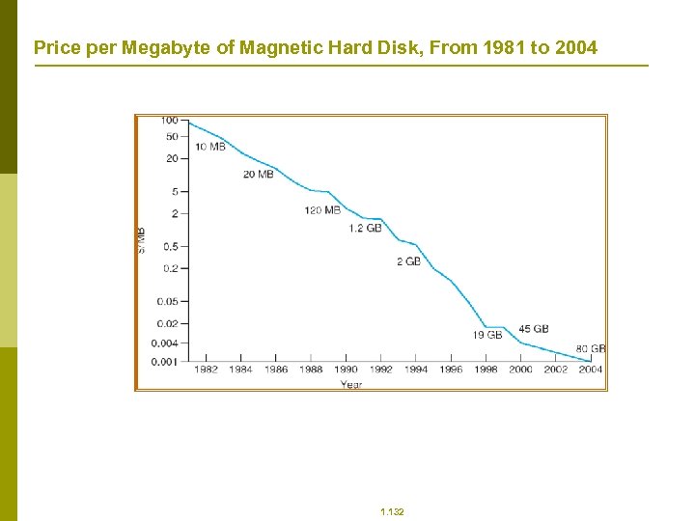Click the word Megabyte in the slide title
tap(166, 46)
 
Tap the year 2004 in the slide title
tap(576, 46)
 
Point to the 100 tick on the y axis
tap(169, 121)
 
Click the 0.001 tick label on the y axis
tap(165, 362)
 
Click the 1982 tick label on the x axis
tap(206, 370)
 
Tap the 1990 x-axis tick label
tap(346, 370)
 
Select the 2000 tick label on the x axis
tap(520, 370)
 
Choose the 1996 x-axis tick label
tap(451, 370)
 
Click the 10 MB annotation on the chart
tap(209, 147)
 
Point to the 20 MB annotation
tap(258, 175)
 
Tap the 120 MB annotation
tap(321, 210)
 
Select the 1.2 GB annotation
tap(365, 229)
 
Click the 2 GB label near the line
tap(408, 261)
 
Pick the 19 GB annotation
tap(486, 335)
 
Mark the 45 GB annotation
tap(533, 329)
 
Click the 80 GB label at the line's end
tap(591, 348)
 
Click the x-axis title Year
tap(350, 384)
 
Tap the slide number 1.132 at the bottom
tap(392, 512)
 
